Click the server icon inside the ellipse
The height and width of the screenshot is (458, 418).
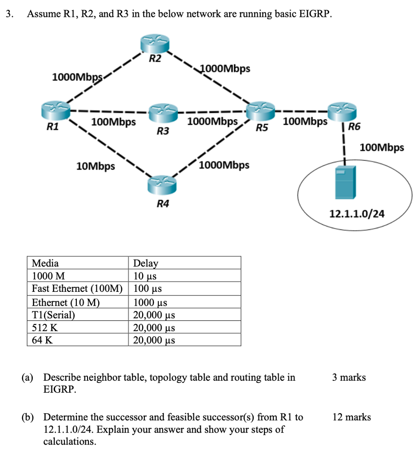pos(345,183)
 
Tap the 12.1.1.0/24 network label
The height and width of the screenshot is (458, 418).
pos(357,215)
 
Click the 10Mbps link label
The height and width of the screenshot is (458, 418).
pos(96,167)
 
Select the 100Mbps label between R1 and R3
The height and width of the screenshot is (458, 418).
pos(113,121)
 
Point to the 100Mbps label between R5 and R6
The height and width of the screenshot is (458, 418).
pos(306,121)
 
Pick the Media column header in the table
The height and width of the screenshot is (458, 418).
pos(45,263)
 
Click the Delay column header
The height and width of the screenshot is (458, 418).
pos(146,263)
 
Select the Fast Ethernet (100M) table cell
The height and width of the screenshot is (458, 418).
pos(77,289)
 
